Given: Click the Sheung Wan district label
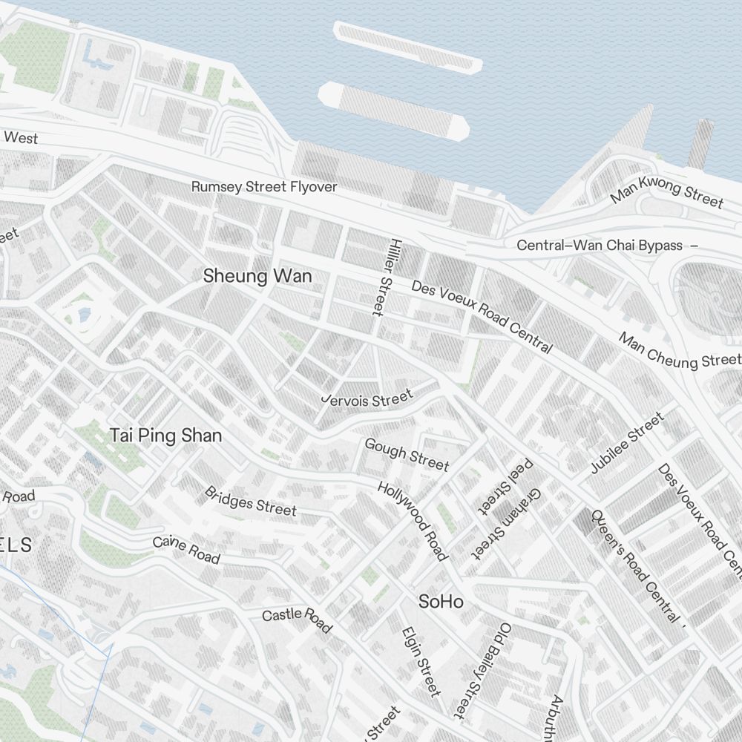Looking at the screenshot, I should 257,276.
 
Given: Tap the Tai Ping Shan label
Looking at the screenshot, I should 165,436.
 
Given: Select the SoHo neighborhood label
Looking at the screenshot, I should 441,601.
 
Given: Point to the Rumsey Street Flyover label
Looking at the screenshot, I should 264,186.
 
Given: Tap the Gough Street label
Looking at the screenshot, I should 407,453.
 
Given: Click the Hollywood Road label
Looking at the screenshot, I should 413,521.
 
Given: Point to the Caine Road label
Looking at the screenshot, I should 186,549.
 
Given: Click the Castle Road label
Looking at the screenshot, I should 296,618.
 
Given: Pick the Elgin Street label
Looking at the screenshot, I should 421,661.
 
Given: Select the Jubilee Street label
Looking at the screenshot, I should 627,443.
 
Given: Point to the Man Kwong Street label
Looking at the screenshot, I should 666,190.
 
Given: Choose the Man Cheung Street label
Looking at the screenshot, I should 680,351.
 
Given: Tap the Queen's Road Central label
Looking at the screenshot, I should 634,565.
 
